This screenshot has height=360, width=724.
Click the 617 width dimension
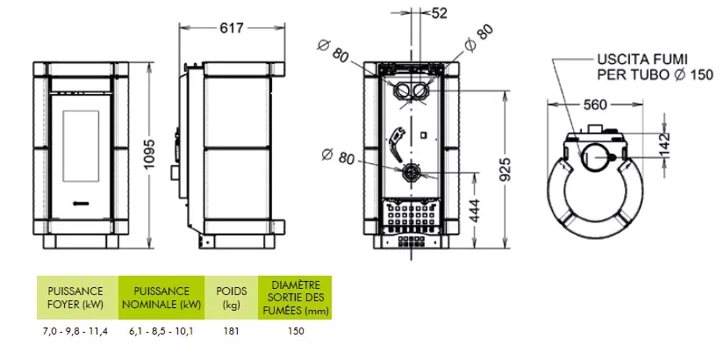[232, 28]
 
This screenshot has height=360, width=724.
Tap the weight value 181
[231, 333]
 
